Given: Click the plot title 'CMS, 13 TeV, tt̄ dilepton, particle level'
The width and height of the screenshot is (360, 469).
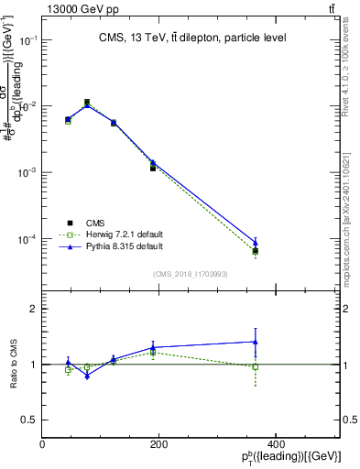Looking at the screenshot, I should pos(191,38).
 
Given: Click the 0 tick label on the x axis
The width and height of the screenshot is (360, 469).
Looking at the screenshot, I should pos(43,444).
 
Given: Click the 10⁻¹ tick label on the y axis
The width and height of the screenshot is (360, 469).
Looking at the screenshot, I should pos(27,41).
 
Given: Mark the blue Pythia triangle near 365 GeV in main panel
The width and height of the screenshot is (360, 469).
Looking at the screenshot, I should pos(256,243).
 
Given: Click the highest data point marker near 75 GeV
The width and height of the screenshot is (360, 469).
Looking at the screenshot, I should pos(87,103).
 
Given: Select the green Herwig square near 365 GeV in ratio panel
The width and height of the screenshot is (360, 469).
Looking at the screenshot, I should pos(256,366).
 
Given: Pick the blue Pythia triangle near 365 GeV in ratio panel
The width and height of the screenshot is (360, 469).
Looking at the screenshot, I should pos(256,342).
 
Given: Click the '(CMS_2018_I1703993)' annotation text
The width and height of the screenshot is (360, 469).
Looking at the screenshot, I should pos(191,273).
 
